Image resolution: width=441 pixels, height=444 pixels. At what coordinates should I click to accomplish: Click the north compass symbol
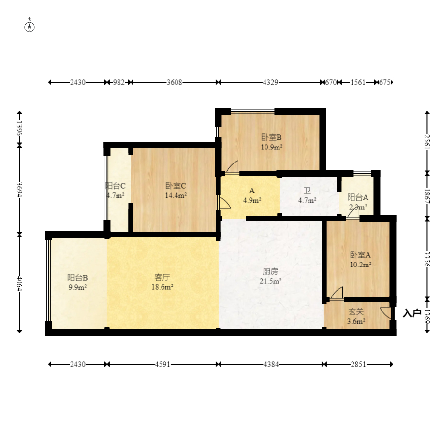[29, 26]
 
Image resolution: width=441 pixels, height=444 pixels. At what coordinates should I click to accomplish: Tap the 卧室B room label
[271, 137]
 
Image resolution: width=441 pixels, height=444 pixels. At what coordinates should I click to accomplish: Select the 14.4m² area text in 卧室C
[176, 195]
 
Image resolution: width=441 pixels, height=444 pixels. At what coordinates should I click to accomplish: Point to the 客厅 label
[162, 277]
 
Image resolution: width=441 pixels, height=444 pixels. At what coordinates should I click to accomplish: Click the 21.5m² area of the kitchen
[271, 281]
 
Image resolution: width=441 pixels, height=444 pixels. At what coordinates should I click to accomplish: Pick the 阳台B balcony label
[77, 278]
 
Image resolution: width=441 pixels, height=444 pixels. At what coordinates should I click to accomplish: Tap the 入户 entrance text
[412, 313]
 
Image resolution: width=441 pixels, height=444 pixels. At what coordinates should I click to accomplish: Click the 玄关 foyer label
[356, 312]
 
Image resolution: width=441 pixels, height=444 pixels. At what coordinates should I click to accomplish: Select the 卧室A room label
[360, 255]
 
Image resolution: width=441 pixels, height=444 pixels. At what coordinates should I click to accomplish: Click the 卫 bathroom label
[307, 191]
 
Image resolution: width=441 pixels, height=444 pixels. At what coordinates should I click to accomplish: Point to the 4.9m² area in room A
[252, 201]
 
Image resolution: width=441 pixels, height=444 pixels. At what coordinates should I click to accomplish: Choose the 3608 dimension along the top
[174, 82]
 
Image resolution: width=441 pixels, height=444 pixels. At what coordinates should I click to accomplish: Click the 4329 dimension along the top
[270, 82]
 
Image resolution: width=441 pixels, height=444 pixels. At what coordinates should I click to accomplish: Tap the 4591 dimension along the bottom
[162, 364]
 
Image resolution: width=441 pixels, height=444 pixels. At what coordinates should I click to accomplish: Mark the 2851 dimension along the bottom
[358, 364]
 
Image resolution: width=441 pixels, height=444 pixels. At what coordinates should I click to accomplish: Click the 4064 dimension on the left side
[19, 283]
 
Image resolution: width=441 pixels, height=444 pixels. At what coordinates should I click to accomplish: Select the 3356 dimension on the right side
[427, 259]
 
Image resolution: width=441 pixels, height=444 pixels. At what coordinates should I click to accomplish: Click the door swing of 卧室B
[233, 166]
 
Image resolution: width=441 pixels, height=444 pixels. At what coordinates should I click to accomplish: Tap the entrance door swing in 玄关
[386, 313]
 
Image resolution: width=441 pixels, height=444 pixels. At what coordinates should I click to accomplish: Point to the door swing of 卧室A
[337, 293]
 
